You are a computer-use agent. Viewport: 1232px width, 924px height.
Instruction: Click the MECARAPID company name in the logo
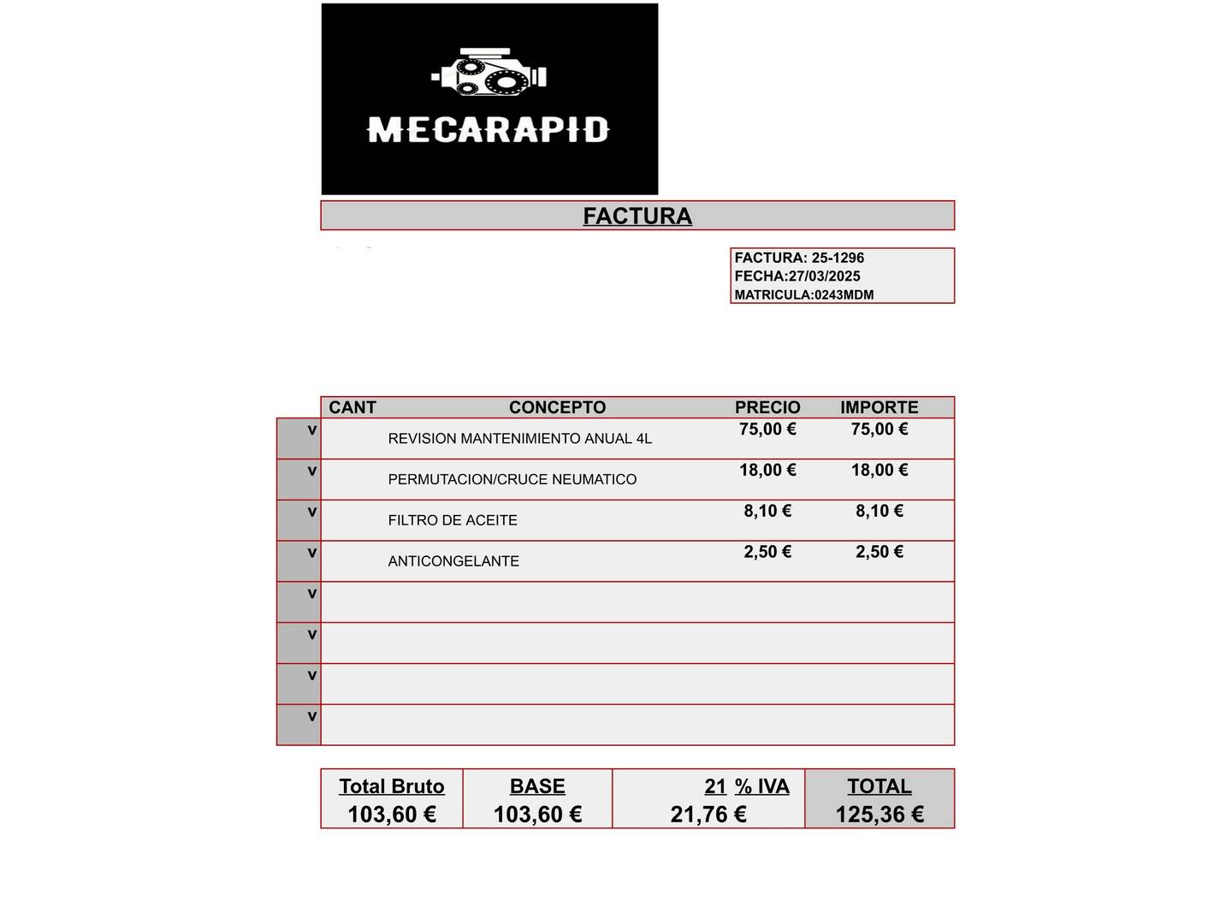point(488,130)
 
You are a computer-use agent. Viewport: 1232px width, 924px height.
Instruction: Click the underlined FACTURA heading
point(637,216)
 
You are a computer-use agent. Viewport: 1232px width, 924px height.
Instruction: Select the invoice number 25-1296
point(838,258)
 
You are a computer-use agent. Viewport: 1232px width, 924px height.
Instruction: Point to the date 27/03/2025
point(825,276)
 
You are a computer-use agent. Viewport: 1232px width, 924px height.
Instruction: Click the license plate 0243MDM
point(844,295)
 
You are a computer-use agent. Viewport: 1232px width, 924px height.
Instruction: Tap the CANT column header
point(352,407)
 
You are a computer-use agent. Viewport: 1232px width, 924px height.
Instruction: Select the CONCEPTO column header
point(557,407)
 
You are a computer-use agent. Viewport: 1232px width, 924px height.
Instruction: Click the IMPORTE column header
point(879,407)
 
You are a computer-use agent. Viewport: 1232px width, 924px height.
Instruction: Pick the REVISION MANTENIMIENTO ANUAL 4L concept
point(519,439)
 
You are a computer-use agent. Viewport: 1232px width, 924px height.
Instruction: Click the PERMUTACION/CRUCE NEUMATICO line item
point(512,480)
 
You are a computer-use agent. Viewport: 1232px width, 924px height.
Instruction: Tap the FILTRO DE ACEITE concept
point(453,520)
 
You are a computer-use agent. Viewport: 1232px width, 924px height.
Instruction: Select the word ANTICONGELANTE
point(453,561)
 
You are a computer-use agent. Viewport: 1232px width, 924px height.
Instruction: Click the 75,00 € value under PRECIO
point(767,429)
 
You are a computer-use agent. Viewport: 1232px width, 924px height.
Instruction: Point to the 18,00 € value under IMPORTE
point(880,471)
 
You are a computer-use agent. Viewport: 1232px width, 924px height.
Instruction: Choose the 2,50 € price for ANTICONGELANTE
point(767,552)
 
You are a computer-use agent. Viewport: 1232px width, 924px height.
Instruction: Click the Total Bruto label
point(392,786)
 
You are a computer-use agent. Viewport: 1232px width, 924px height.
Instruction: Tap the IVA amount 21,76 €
point(708,814)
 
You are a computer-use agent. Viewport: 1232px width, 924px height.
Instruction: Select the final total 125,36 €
point(880,814)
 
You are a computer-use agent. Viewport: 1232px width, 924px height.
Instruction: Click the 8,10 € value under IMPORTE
point(880,512)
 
